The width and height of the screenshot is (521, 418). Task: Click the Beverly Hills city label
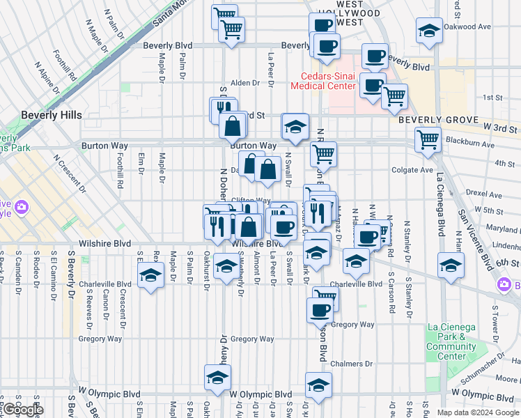pos(51,115)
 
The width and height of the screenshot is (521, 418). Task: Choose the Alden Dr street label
pos(245,82)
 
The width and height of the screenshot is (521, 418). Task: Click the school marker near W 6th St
pos(451,265)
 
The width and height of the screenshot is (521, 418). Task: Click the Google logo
pos(23,409)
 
